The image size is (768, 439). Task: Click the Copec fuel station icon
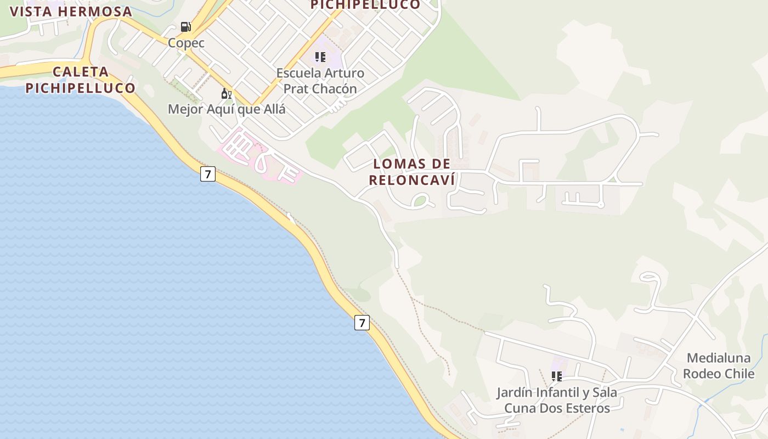(x=186, y=26)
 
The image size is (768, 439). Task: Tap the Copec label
(x=186, y=43)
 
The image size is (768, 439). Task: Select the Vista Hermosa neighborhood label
(x=71, y=12)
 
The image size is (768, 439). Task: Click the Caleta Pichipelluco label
(x=80, y=80)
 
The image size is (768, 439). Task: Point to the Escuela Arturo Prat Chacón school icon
(x=320, y=57)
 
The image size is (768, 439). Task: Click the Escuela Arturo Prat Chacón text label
(x=320, y=81)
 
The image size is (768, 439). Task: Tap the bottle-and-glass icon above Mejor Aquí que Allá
(x=227, y=94)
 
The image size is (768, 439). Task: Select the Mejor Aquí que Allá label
(x=227, y=109)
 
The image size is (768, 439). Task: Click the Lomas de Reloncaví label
(x=412, y=172)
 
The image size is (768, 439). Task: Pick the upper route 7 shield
(x=207, y=175)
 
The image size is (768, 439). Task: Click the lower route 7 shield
(x=362, y=323)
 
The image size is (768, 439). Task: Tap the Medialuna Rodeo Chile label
(x=719, y=366)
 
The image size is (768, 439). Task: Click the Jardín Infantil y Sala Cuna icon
(x=557, y=376)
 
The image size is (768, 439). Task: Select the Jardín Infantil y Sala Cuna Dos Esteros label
(x=557, y=401)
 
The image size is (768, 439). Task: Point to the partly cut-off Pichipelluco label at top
(x=365, y=5)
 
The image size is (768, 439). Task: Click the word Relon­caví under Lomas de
(x=412, y=180)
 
